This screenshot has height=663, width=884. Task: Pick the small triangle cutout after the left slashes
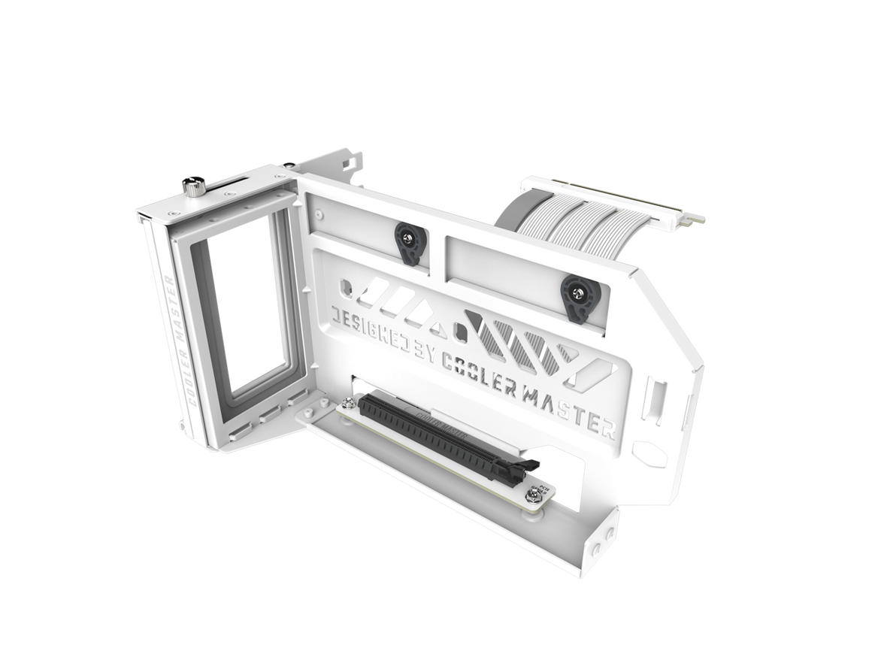click(x=434, y=325)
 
